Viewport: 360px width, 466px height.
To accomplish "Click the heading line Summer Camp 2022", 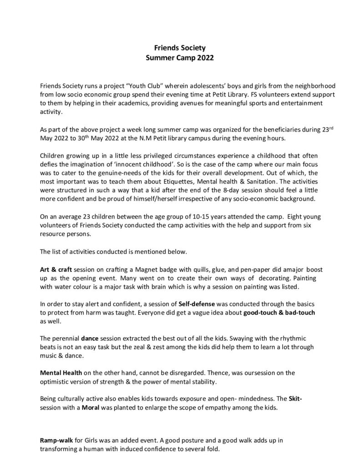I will click(179, 58).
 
